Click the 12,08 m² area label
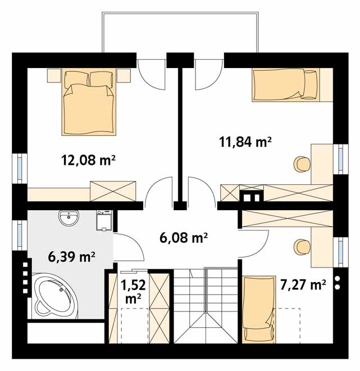click(88, 160)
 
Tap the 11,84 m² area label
click(245, 142)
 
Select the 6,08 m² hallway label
click(184, 238)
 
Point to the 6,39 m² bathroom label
click(72, 257)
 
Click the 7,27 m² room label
click(303, 284)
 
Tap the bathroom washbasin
click(69, 218)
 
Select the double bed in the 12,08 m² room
click(89, 102)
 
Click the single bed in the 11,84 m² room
click(286, 85)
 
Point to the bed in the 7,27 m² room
click(259, 309)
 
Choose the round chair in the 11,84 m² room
click(302, 164)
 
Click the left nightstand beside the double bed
click(54, 75)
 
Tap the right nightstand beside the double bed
click(124, 76)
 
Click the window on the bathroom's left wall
click(20, 235)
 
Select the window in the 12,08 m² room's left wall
click(20, 168)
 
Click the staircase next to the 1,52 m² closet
click(206, 305)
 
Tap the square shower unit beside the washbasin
click(104, 220)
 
